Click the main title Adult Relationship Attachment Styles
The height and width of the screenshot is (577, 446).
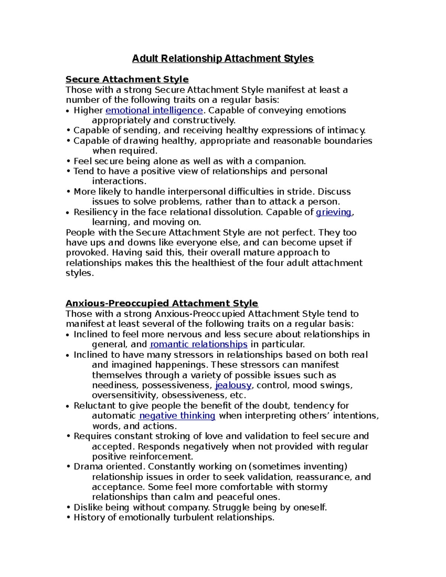coord(223,59)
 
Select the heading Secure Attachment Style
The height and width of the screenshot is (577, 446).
coord(127,80)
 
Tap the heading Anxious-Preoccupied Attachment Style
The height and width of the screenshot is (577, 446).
coord(162,303)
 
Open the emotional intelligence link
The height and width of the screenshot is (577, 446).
coord(154,110)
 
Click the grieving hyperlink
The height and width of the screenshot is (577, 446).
coord(333,212)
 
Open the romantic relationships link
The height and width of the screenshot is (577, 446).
coord(198,344)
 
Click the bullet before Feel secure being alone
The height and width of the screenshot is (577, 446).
coord(68,161)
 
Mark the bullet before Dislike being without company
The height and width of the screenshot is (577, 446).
coord(68,508)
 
